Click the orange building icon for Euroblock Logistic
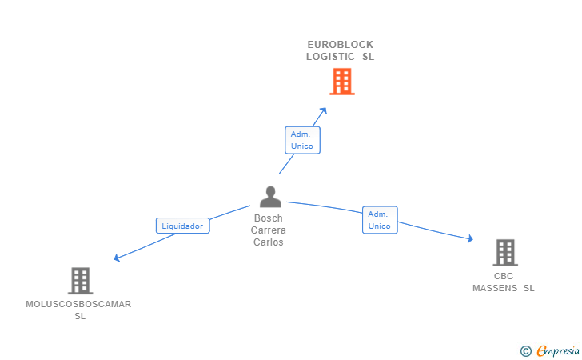click(x=341, y=82)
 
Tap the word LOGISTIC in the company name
click(x=332, y=57)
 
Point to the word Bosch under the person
click(x=269, y=218)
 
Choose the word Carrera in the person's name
click(x=269, y=230)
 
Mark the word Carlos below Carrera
click(x=269, y=242)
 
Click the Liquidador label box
click(x=183, y=226)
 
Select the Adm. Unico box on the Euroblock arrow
click(x=302, y=140)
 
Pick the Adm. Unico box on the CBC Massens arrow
click(x=380, y=220)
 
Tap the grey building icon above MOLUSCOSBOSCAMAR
click(x=80, y=281)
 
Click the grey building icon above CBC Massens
click(x=504, y=253)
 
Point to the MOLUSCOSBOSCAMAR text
click(x=78, y=304)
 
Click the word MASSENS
click(x=496, y=288)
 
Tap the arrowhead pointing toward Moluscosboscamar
click(x=118, y=258)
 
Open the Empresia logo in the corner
click(x=558, y=350)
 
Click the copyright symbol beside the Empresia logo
click(x=525, y=350)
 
